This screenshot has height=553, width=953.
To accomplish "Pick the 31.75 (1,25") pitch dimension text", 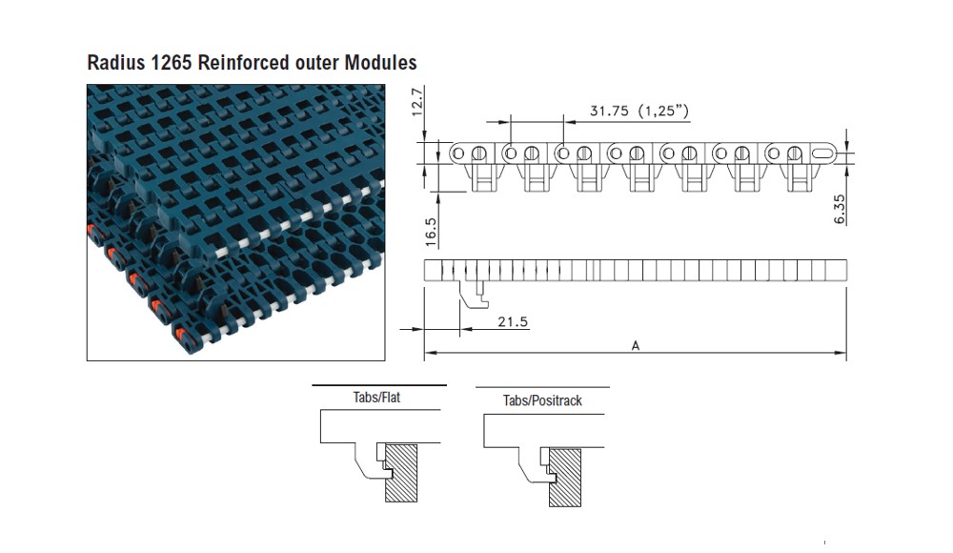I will (x=639, y=112).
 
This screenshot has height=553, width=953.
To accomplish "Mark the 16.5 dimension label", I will (x=430, y=233).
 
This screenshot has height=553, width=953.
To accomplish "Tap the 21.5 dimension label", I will (x=512, y=322).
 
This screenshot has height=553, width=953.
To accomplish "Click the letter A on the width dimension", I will (x=635, y=346).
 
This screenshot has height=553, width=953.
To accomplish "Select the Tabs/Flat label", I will (x=376, y=397).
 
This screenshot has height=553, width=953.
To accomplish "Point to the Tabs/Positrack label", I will (x=542, y=400).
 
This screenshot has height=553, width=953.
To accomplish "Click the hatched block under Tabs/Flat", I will (x=406, y=471).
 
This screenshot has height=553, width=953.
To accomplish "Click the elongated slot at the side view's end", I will (x=821, y=152).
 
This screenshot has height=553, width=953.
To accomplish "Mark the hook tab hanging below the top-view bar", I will (x=474, y=293).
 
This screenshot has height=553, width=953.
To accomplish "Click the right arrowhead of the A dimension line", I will (x=842, y=354).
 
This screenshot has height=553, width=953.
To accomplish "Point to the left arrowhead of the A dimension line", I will (x=428, y=354).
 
